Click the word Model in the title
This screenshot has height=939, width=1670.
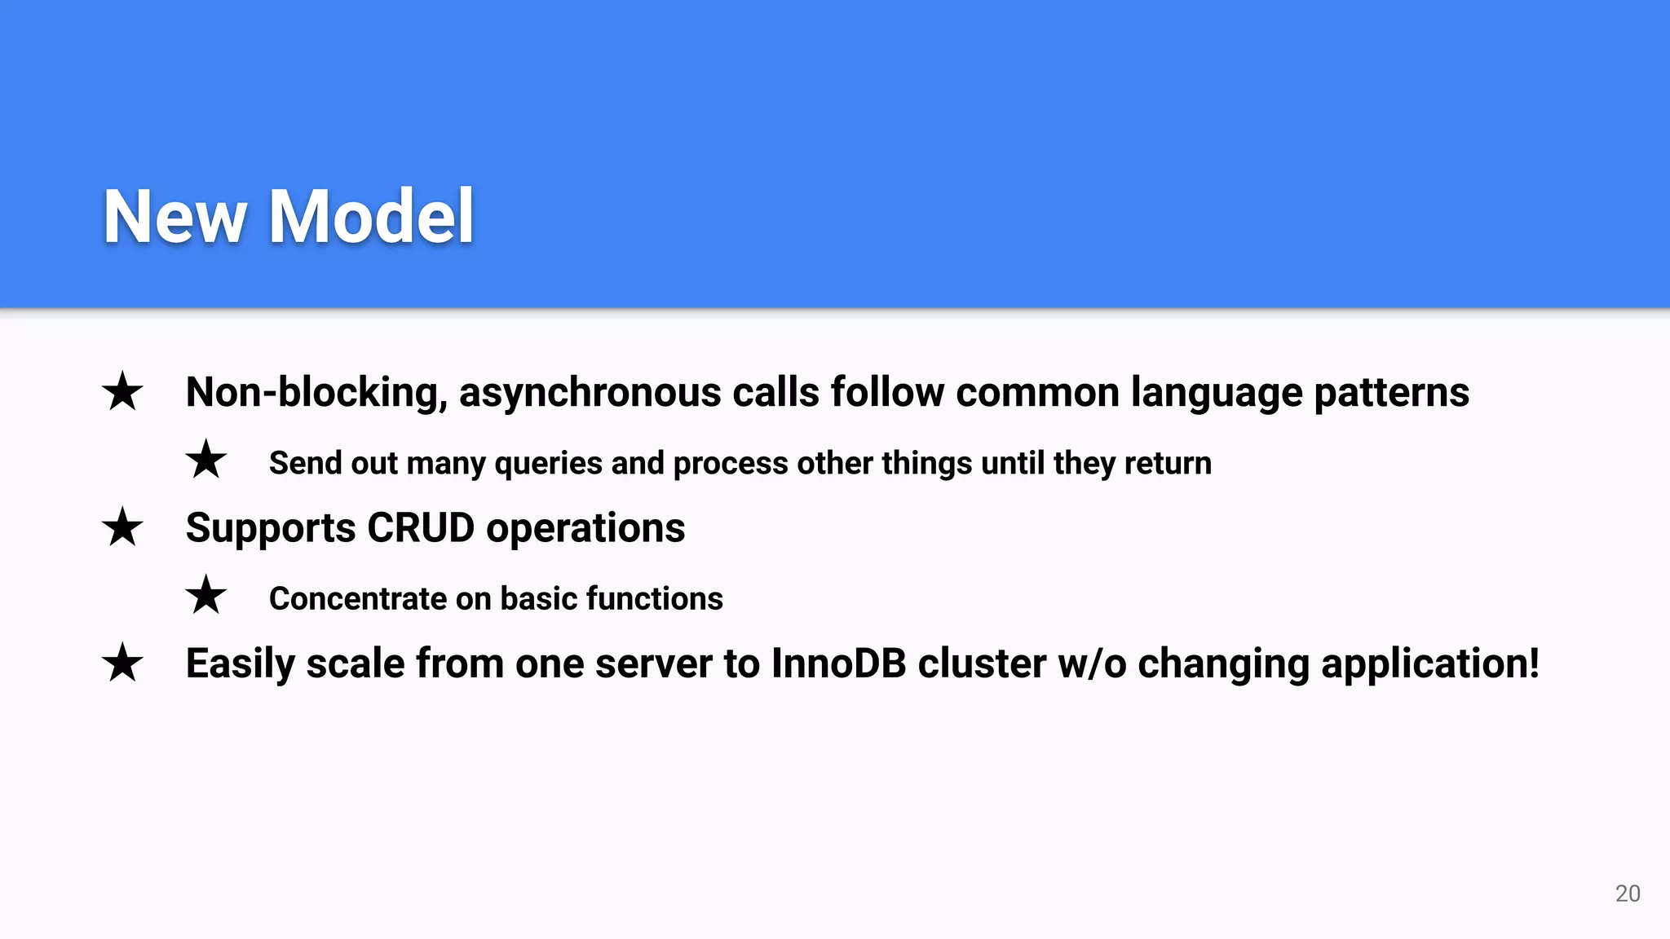[x=371, y=216]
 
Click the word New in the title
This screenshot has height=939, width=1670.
[x=175, y=216]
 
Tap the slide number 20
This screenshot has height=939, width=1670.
[x=1628, y=893]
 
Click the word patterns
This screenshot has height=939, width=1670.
[x=1391, y=393]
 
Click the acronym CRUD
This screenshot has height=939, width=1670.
[x=421, y=528]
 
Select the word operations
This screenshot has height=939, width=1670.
[x=585, y=528]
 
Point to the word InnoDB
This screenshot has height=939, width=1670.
[x=838, y=663]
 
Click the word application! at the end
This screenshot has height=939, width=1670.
[x=1429, y=663]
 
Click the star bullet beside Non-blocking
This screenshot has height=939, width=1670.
[x=122, y=392]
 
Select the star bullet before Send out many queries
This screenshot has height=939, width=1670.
[x=205, y=460]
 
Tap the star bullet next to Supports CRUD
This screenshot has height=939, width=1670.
[x=122, y=527]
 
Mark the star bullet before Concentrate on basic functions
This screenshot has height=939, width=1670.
[x=205, y=595]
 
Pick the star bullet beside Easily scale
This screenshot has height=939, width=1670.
[x=122, y=663]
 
